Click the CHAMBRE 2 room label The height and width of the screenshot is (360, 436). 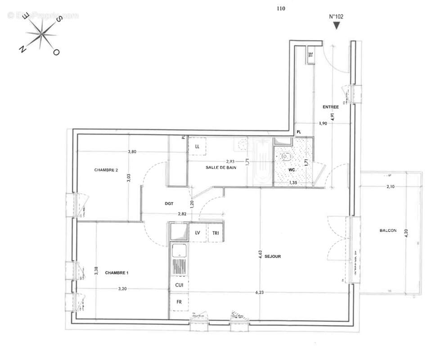pos(106,170)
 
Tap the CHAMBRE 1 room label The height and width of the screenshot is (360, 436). pos(117,273)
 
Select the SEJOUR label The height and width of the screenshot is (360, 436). pos(273,256)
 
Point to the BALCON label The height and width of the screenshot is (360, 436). pos(388,230)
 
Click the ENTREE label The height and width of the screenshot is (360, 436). pos(330,107)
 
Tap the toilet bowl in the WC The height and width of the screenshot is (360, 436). pos(285,157)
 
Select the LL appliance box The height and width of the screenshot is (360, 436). pos(197,146)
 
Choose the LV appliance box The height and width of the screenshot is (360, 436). pos(198,233)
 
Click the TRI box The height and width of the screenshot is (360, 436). pos(216,233)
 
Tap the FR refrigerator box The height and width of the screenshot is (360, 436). pos(179,302)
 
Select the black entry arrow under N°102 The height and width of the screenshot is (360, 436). pos(336,26)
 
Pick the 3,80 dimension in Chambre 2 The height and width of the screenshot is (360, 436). pos(132,152)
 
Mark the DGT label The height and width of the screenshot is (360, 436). pos(169,203)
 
